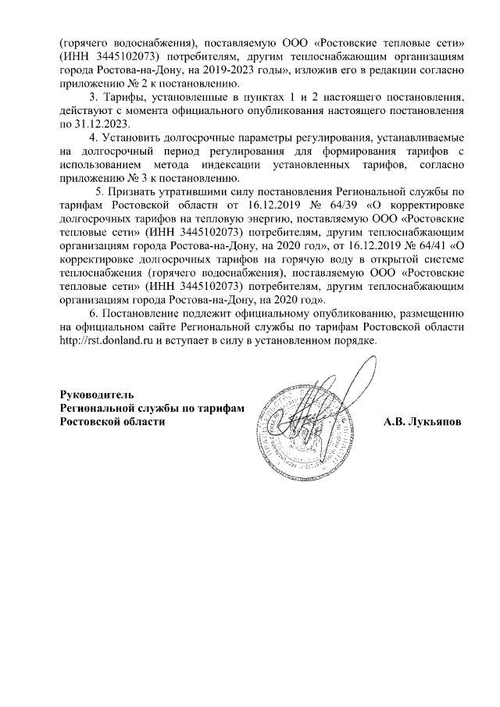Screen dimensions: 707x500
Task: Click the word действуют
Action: click(87, 111)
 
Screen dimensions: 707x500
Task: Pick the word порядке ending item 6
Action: click(353, 342)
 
